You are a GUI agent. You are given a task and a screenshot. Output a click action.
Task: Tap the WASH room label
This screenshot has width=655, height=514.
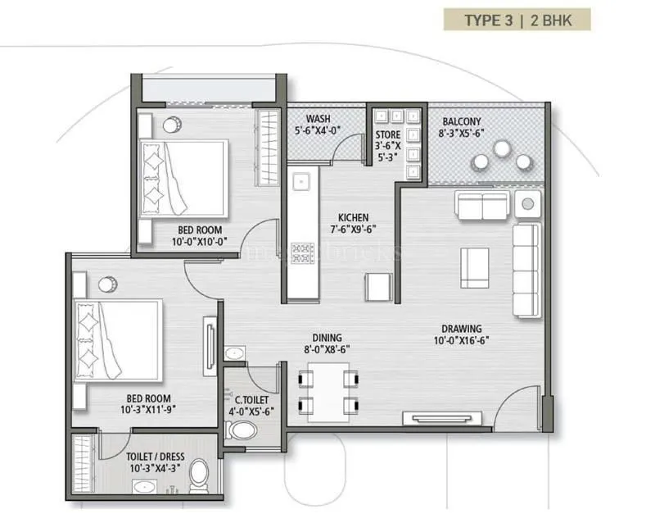[x=318, y=117]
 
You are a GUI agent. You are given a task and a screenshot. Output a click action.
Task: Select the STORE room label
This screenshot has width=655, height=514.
[x=388, y=134]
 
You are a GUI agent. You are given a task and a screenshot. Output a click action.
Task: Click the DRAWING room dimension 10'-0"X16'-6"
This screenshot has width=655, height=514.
[x=461, y=341]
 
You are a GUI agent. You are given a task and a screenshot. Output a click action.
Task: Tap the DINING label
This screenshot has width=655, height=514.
[x=327, y=337]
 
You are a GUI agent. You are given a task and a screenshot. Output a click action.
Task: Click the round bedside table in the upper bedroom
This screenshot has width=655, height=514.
[x=174, y=125]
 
